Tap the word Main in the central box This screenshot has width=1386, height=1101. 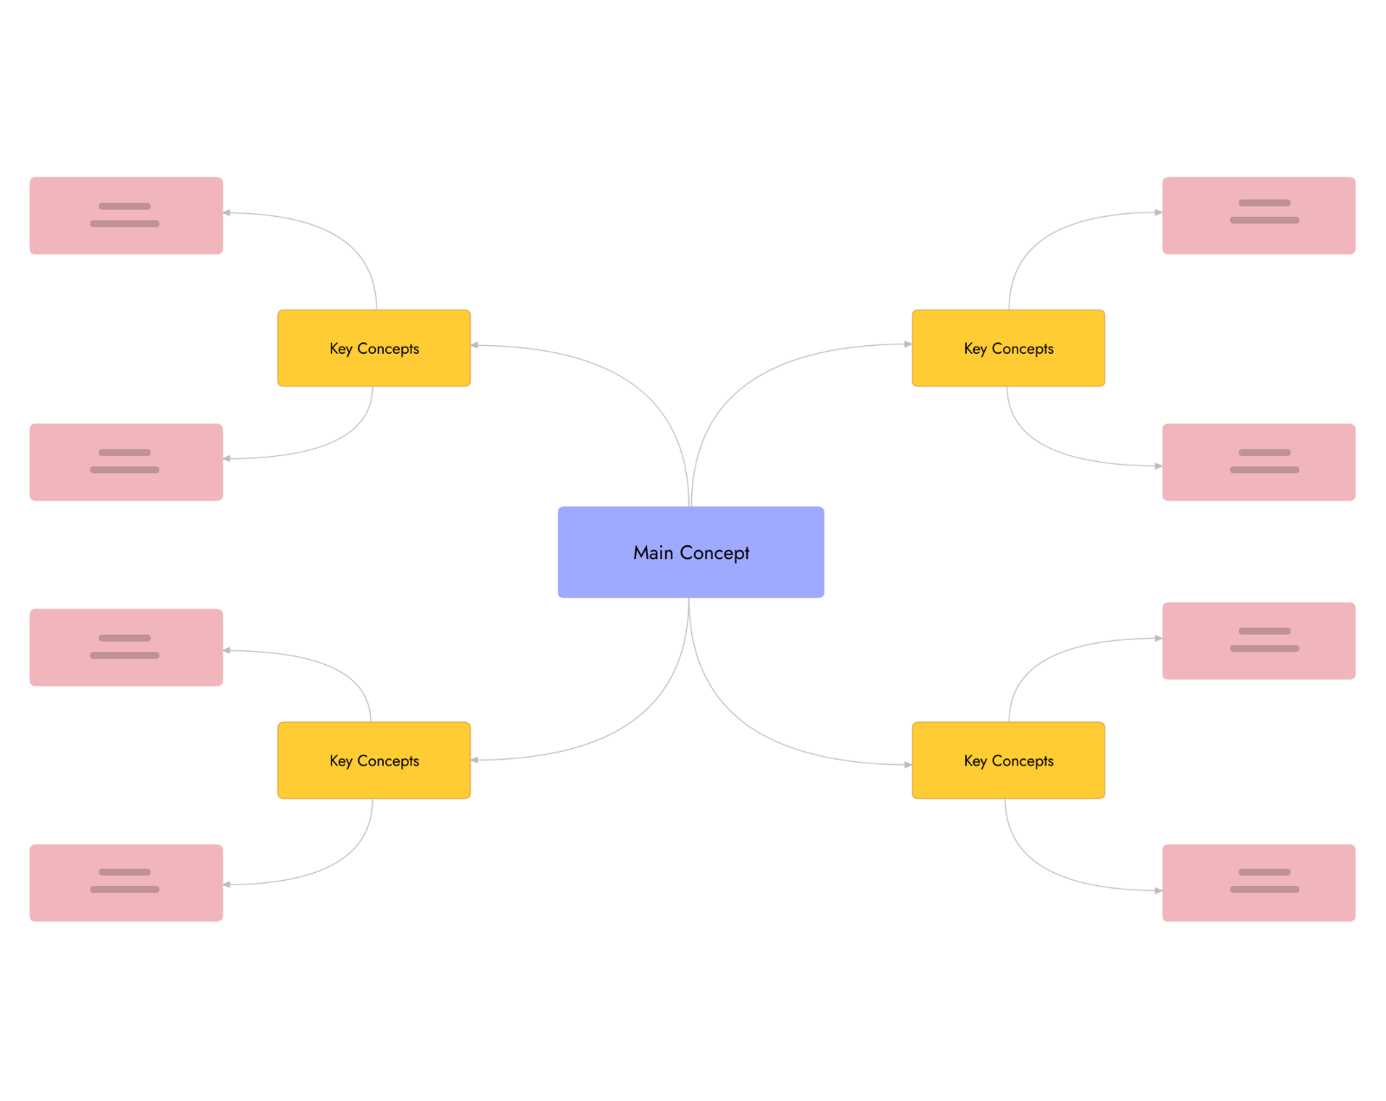[652, 553]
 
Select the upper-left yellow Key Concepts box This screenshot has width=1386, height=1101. [373, 349]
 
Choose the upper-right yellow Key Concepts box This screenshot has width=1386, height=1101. [1007, 349]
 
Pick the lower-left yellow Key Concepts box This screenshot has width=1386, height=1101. [373, 760]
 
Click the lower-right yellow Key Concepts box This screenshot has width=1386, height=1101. [1007, 760]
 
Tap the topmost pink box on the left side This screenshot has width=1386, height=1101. [126, 216]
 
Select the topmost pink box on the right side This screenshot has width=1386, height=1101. [1258, 216]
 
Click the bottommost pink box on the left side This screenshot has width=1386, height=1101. [126, 883]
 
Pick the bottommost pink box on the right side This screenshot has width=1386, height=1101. [1258, 883]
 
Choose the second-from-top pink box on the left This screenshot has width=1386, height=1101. [126, 462]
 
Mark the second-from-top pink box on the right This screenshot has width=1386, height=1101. [1258, 462]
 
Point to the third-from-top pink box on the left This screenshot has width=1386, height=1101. [126, 648]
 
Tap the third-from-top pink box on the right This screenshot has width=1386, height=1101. [1258, 641]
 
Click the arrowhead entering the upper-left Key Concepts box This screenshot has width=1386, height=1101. [476, 345]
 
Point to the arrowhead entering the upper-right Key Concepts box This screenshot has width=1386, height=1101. [907, 344]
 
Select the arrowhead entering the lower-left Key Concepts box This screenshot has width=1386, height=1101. [476, 760]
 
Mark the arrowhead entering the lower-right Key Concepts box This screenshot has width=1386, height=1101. [907, 765]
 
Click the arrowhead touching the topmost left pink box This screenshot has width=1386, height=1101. [228, 212]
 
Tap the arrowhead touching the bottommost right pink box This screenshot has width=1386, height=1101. [1157, 890]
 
